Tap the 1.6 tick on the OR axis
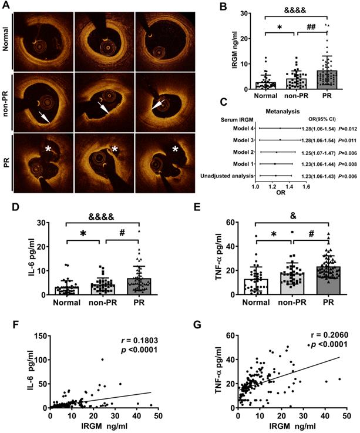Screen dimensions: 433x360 [305, 186]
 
